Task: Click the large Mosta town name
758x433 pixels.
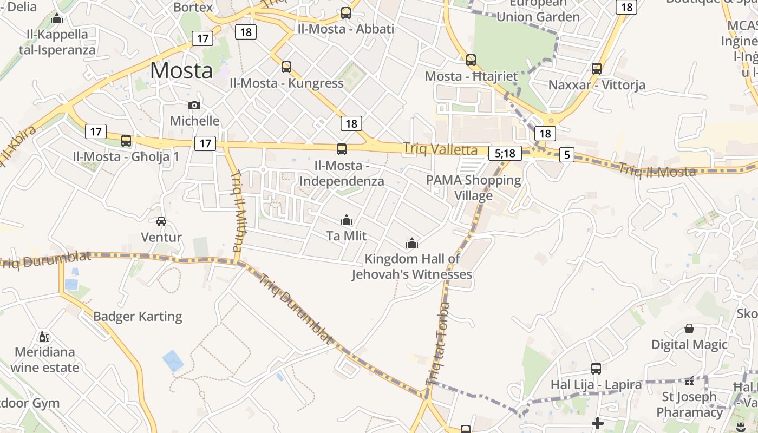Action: click(x=181, y=71)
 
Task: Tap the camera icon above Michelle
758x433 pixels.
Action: click(x=194, y=105)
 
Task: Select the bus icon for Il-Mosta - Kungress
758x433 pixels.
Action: click(x=286, y=67)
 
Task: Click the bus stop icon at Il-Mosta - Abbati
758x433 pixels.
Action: click(x=346, y=13)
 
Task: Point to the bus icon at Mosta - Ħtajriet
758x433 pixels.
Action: click(x=471, y=60)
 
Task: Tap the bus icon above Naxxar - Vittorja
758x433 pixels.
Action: click(x=597, y=69)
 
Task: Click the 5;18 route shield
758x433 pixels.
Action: click(x=505, y=153)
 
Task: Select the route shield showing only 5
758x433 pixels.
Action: click(x=567, y=155)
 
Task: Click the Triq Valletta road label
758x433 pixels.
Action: click(x=440, y=149)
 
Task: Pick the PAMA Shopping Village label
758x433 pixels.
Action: click(x=474, y=187)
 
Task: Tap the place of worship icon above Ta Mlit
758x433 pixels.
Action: click(x=347, y=220)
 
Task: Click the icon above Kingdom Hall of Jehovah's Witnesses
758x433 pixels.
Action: click(x=412, y=243)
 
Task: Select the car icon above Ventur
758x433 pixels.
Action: click(x=161, y=221)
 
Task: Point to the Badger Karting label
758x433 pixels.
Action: click(x=138, y=316)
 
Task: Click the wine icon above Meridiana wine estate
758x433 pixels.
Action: click(x=44, y=337)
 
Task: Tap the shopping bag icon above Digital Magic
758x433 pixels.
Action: click(x=689, y=329)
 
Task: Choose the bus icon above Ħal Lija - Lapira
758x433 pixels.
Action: click(x=596, y=369)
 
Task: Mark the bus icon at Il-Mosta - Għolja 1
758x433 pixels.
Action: click(x=126, y=141)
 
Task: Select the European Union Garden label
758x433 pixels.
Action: click(x=538, y=10)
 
